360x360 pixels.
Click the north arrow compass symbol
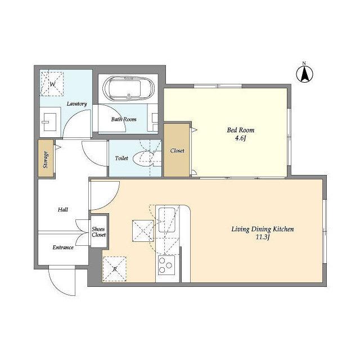pos(304,74)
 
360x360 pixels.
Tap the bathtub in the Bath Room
pos(129,88)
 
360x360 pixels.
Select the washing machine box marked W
pos(52,84)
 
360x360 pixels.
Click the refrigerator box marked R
pos(115,269)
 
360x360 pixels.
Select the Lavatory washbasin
pos(49,122)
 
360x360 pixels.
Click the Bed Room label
pos(241,130)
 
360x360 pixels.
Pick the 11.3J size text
pos(263,237)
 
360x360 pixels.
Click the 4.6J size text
pos(241,138)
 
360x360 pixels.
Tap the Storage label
pos(46,160)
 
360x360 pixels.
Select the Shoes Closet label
pos(99,232)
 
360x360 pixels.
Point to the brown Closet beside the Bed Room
pos(177,150)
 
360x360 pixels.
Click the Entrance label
pos(63,247)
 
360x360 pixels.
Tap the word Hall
pos(63,209)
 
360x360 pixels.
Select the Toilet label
pos(121,158)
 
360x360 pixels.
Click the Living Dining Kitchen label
pos(263,229)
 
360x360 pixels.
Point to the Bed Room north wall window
pos(218,86)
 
